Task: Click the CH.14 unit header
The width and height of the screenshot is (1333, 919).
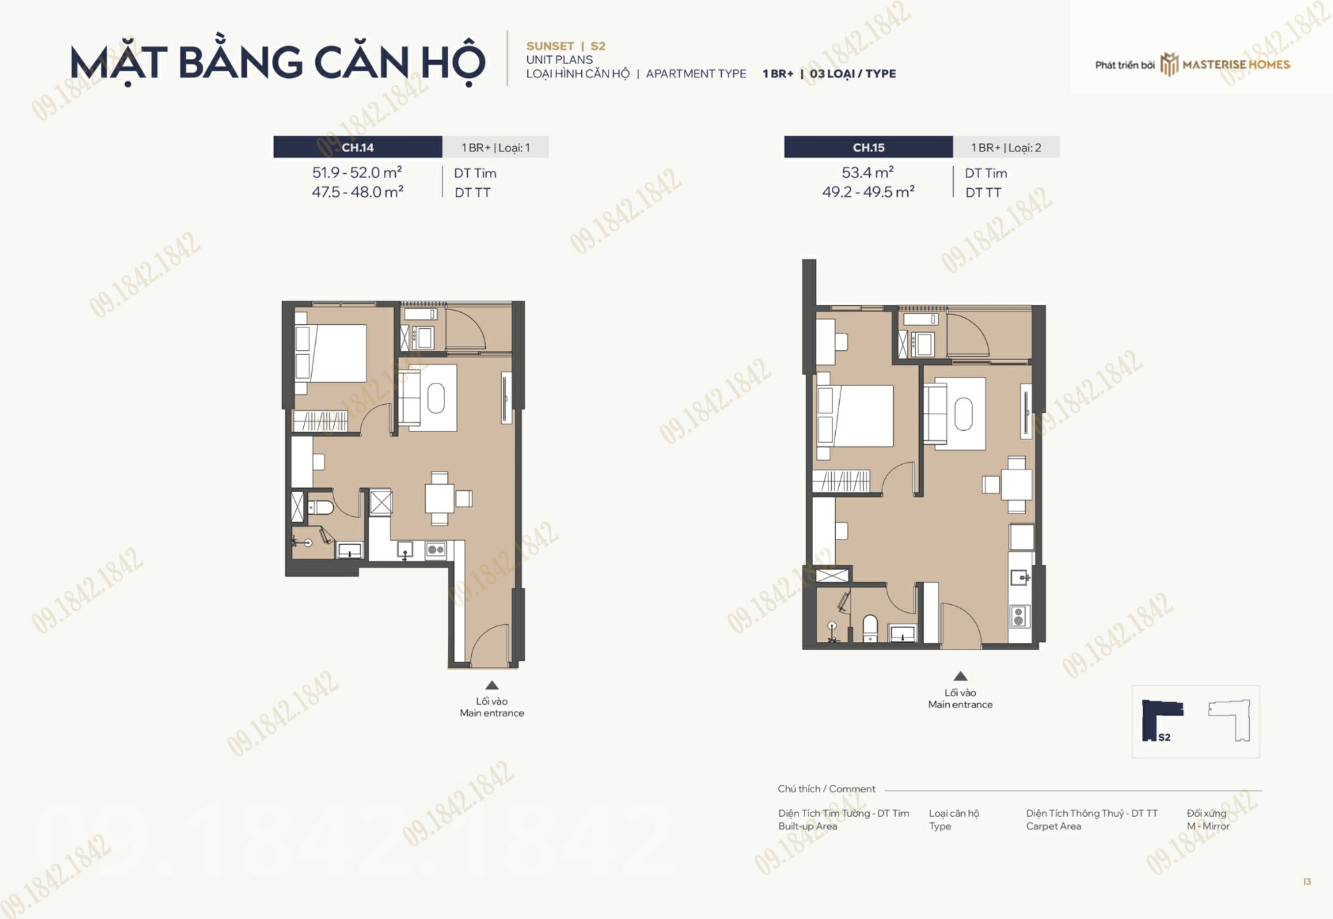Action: tap(358, 147)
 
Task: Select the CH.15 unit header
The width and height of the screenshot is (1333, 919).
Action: tap(868, 147)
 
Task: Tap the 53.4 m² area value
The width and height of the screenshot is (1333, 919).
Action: tap(868, 173)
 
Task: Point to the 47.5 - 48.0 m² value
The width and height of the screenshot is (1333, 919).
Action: tap(358, 192)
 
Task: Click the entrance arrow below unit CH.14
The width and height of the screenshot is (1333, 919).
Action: tap(492, 685)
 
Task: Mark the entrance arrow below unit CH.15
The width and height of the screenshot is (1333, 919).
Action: tap(960, 676)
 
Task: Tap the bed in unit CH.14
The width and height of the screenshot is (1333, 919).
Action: tap(331, 353)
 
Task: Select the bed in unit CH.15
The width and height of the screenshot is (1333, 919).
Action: tap(855, 416)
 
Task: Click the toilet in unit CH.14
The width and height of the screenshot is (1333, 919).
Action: tap(321, 508)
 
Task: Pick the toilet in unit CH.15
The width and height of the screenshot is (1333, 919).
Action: tap(870, 628)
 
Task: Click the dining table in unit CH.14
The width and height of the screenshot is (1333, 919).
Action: tap(440, 498)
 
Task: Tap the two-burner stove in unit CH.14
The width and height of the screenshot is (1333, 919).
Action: tap(436, 550)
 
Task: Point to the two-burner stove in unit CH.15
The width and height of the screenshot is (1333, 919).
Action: tap(1019, 617)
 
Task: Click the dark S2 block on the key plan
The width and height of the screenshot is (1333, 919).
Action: tap(1160, 720)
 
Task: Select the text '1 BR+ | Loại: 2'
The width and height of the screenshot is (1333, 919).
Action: tap(1006, 147)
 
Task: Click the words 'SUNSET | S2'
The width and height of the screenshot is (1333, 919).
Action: tap(566, 46)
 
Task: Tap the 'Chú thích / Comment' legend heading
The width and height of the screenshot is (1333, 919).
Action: tap(826, 788)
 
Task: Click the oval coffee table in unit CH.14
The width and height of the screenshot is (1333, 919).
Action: tap(436, 399)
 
